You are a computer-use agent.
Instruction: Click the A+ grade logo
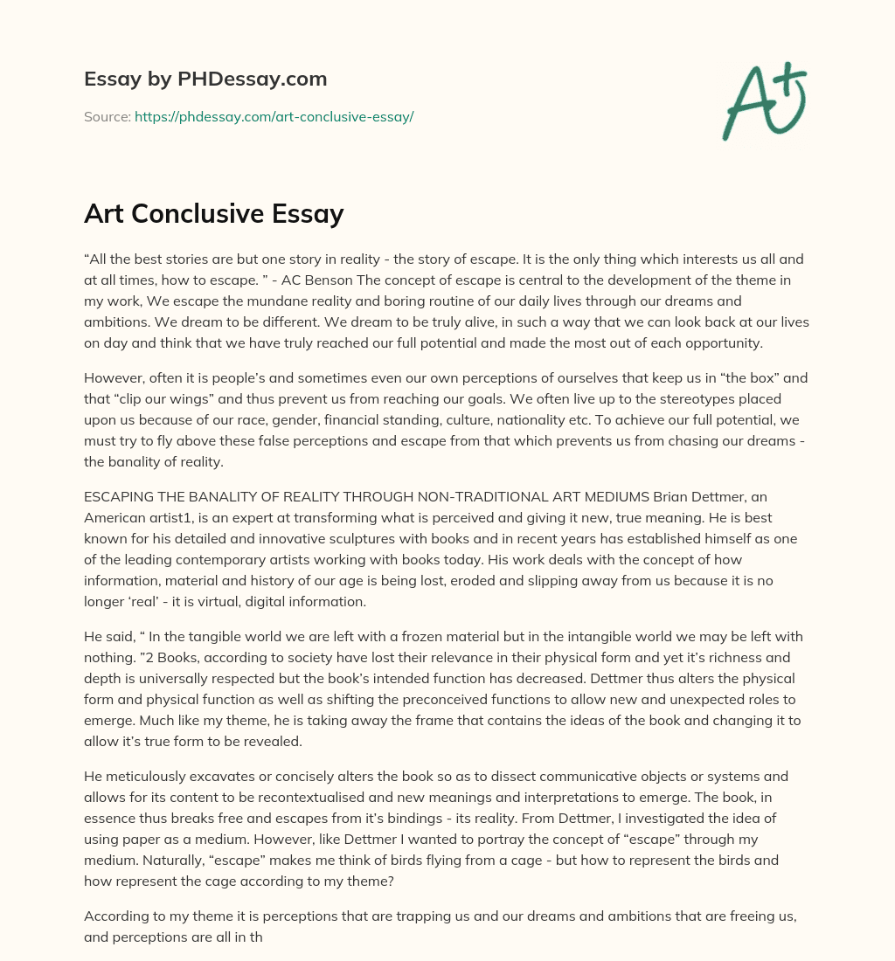click(764, 101)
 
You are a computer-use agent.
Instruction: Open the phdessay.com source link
click(274, 116)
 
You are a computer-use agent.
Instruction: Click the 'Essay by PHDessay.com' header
click(205, 79)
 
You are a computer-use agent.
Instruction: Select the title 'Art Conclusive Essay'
click(214, 214)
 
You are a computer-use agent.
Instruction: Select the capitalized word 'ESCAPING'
click(117, 496)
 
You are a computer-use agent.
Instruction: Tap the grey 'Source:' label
click(107, 116)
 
